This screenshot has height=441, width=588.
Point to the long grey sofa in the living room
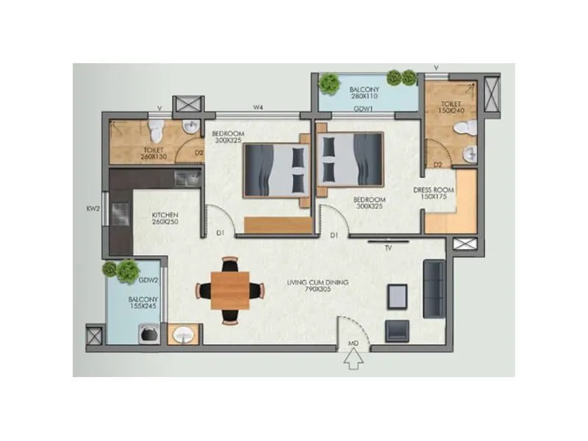pyautogui.click(x=434, y=289)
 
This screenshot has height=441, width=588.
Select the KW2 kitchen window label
pyautogui.click(x=93, y=209)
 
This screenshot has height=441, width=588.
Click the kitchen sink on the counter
pyautogui.click(x=187, y=178)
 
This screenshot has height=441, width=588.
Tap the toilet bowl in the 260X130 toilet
pyautogui.click(x=155, y=132)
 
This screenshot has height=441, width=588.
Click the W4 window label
pyautogui.click(x=258, y=108)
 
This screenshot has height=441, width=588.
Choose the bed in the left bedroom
pyautogui.click(x=276, y=170)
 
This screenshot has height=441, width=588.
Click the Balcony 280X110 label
pyautogui.click(x=364, y=93)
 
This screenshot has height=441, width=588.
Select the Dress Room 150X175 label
pyautogui.click(x=434, y=193)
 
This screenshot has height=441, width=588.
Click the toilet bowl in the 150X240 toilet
pyautogui.click(x=462, y=128)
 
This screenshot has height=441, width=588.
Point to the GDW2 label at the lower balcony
pyautogui.click(x=150, y=280)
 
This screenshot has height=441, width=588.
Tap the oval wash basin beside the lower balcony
pyautogui.click(x=181, y=336)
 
